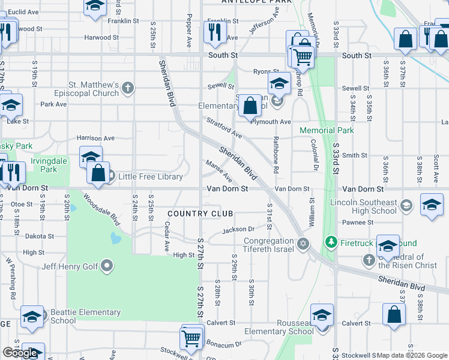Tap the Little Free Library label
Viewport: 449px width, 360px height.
150,176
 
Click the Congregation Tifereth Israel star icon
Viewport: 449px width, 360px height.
303,243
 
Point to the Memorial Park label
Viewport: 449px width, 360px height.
327,130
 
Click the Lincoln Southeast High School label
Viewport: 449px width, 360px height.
363,207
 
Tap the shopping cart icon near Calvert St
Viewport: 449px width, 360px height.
192,337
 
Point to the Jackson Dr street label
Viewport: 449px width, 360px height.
238,229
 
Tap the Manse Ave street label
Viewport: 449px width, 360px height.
220,171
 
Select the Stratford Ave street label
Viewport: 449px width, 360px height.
224,127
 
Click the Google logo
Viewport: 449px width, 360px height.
20,353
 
